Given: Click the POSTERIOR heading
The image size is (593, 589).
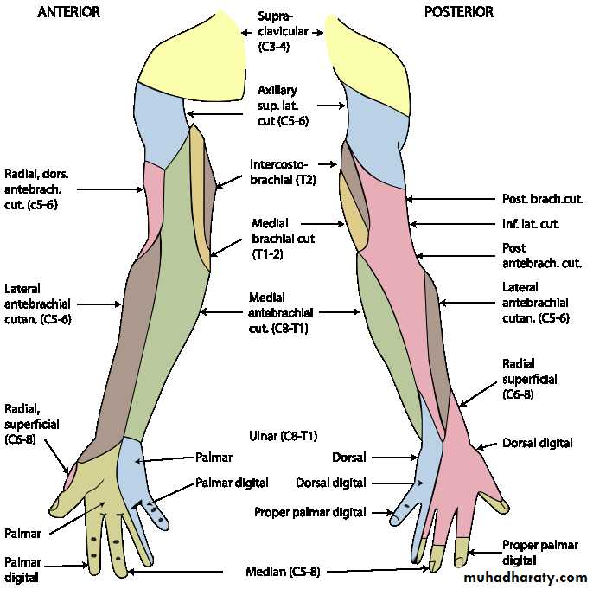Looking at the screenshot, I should point(458,12).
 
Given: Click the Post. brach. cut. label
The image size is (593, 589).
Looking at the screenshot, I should point(541,199).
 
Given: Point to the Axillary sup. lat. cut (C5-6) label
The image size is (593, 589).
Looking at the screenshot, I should point(282,106).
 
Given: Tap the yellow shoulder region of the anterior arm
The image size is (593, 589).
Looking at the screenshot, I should point(199,65).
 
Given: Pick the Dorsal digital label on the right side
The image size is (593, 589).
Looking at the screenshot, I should point(537,443).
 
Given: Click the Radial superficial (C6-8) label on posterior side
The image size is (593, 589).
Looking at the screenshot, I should point(529,378).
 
